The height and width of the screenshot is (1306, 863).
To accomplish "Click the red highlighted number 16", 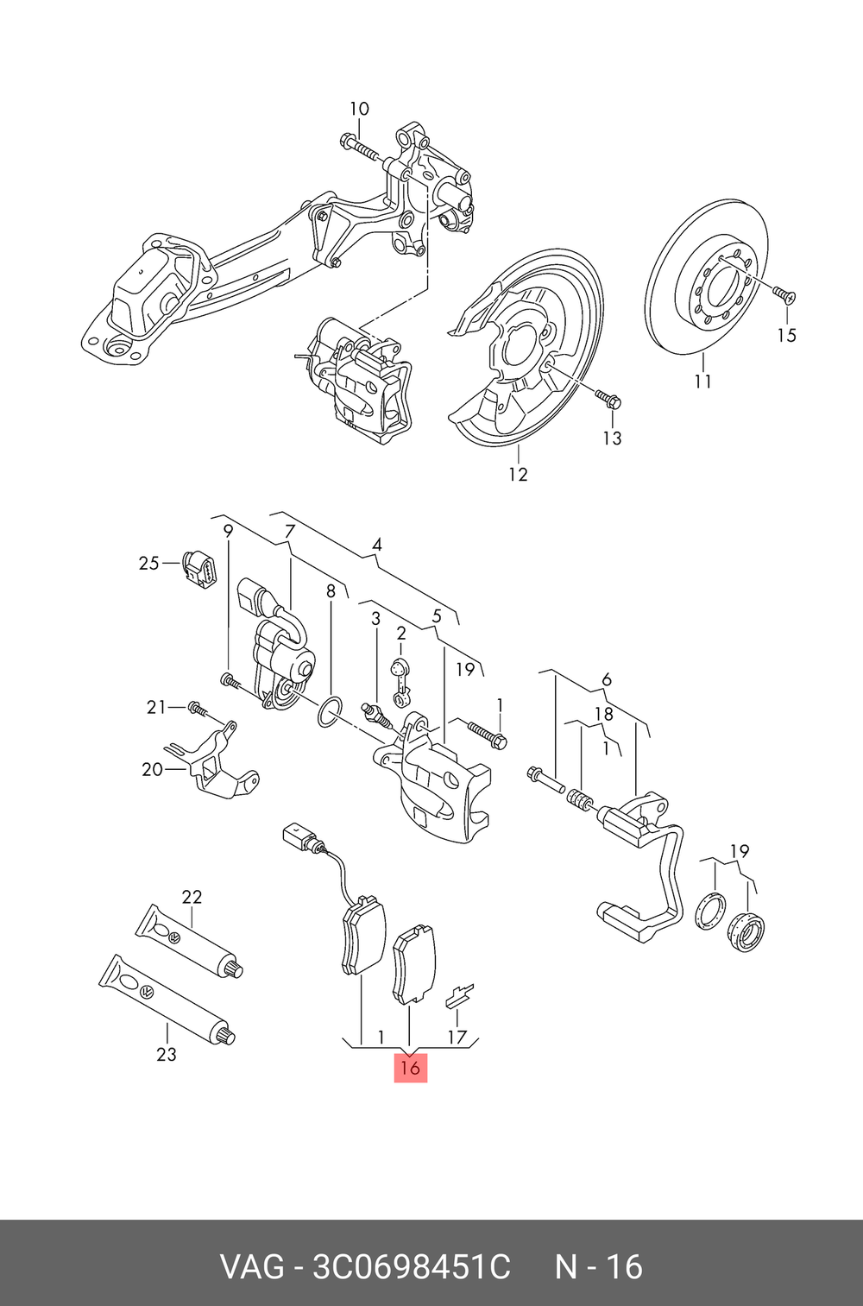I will (410, 1067).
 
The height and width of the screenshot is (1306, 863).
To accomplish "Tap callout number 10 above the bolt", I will (359, 109).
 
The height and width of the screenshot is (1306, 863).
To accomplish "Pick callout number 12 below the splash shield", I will (518, 474).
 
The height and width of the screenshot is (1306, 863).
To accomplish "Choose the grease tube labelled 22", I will (190, 943).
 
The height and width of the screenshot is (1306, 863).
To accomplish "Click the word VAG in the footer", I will (251, 1267).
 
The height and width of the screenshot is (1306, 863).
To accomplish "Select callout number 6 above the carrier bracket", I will (607, 680).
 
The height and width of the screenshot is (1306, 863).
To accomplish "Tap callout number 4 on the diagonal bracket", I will (377, 545).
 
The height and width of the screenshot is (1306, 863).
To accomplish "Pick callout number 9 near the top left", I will (228, 531).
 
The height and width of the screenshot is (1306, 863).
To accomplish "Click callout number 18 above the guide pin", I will (604, 714).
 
